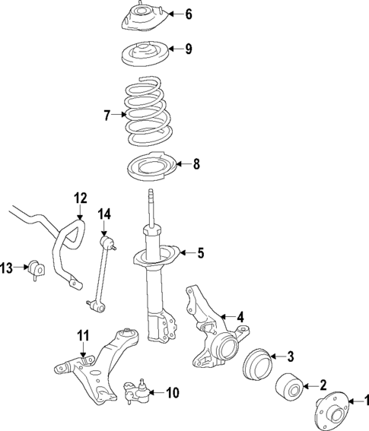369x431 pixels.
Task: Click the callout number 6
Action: pos(189,13)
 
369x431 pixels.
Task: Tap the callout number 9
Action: pos(188,50)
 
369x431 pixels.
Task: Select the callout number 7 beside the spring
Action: pos(107,115)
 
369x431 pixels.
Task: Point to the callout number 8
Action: pos(196,163)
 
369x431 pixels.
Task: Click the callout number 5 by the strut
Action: pos(201,253)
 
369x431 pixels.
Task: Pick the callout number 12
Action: pos(80,199)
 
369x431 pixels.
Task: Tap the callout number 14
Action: pos(104,214)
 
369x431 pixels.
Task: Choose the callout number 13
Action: pos(7,267)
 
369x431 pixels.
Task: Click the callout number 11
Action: pos(83,334)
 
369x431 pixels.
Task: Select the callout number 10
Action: pos(172,393)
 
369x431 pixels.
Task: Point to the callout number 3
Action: pos(289,357)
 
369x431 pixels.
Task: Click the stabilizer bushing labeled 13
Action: pos(37,268)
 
